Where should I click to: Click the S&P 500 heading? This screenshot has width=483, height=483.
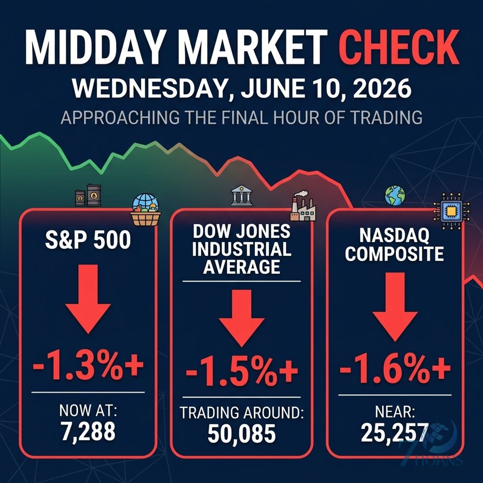[88, 240]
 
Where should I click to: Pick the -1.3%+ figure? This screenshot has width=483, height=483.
[88, 368]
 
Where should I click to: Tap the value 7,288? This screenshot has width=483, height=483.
[88, 432]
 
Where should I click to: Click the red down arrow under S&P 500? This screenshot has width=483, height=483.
[88, 299]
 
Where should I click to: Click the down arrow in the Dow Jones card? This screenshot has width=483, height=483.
[241, 318]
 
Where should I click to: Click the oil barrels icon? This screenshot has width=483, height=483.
[88, 195]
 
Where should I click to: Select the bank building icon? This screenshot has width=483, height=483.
[241, 196]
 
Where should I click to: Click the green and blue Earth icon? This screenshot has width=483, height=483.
[395, 196]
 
